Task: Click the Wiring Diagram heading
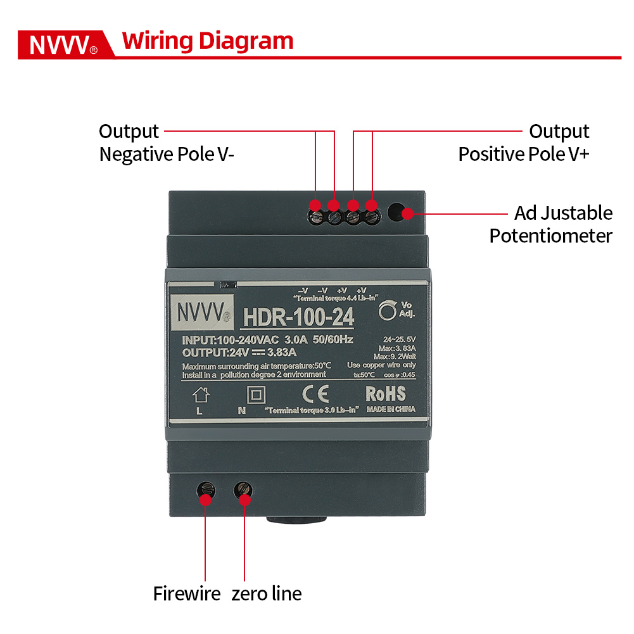coord(208,41)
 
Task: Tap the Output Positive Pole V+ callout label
coord(524,143)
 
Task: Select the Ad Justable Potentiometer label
coord(550,224)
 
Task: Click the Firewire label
coord(186,593)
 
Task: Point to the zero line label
coord(266,593)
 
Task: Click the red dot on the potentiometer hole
coord(407,213)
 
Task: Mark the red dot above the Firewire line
coord(205,499)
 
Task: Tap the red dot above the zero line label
coord(245,499)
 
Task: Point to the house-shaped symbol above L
coord(201,395)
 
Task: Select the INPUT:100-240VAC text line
coord(267,340)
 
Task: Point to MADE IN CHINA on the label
coord(391,409)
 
